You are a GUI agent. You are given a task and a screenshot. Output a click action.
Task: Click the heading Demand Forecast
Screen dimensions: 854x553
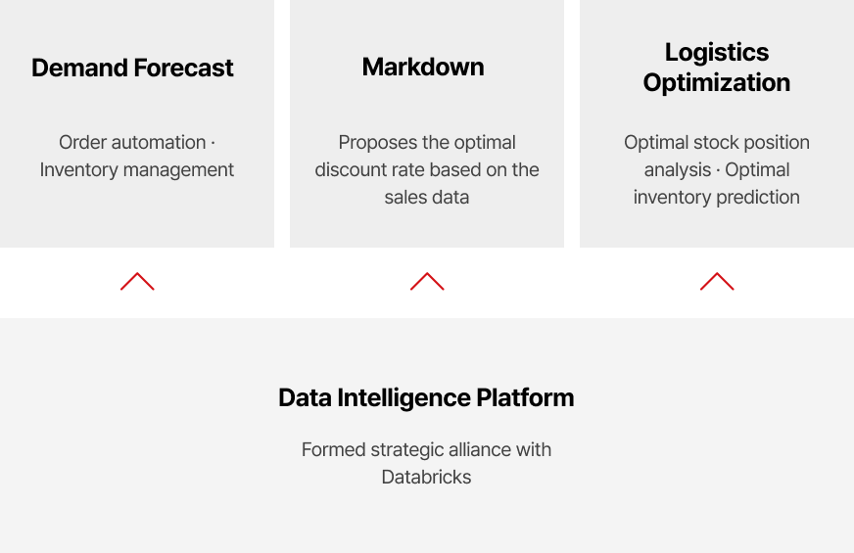point(132,69)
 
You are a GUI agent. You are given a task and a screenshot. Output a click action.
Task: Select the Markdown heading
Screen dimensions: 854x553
point(423,67)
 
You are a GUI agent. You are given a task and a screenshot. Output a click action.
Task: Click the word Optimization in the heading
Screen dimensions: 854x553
point(717,83)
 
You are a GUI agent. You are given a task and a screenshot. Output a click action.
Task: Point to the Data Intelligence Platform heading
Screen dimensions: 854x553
point(426,398)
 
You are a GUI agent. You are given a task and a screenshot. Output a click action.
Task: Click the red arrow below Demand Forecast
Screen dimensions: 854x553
point(137,281)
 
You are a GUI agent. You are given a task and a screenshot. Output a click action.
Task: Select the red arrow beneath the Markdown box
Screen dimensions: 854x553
point(427,281)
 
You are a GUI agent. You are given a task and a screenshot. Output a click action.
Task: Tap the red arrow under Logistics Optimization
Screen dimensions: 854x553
point(717,281)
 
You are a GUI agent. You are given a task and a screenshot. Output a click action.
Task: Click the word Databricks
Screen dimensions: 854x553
point(426,478)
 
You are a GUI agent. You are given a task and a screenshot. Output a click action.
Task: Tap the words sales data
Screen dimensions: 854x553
point(427,197)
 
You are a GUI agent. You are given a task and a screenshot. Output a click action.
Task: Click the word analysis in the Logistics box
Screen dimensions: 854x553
point(678,170)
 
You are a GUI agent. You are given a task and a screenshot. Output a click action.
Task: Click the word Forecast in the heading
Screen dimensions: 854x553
point(183,69)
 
